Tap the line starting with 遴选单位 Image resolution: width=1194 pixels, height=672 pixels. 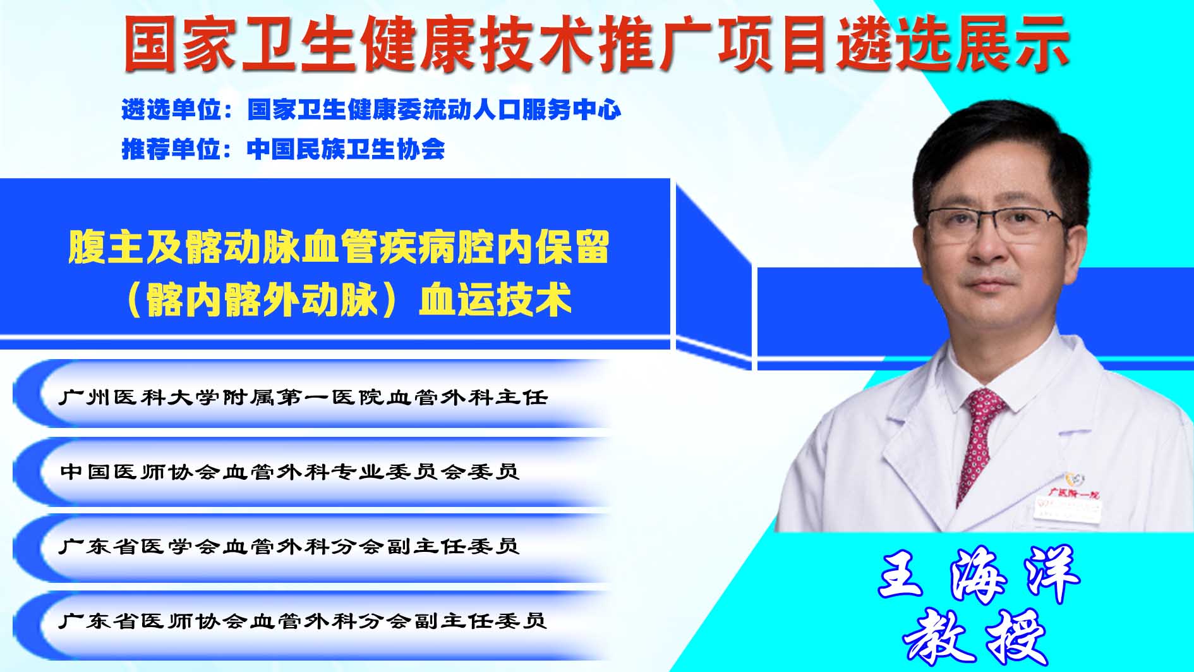click(371, 109)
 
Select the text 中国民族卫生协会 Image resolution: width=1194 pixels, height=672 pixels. click(346, 149)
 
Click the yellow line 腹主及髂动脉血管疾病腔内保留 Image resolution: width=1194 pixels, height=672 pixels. click(339, 247)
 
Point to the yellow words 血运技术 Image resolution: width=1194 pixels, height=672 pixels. click(495, 299)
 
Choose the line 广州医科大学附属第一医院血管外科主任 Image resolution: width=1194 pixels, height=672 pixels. click(303, 397)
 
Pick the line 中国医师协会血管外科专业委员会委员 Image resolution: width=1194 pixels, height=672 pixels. click(289, 472)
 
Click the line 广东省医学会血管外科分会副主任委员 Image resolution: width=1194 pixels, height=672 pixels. click(289, 546)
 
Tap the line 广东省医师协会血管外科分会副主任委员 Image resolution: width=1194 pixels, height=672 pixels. click(303, 620)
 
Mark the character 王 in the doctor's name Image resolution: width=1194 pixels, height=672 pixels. click(902, 575)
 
